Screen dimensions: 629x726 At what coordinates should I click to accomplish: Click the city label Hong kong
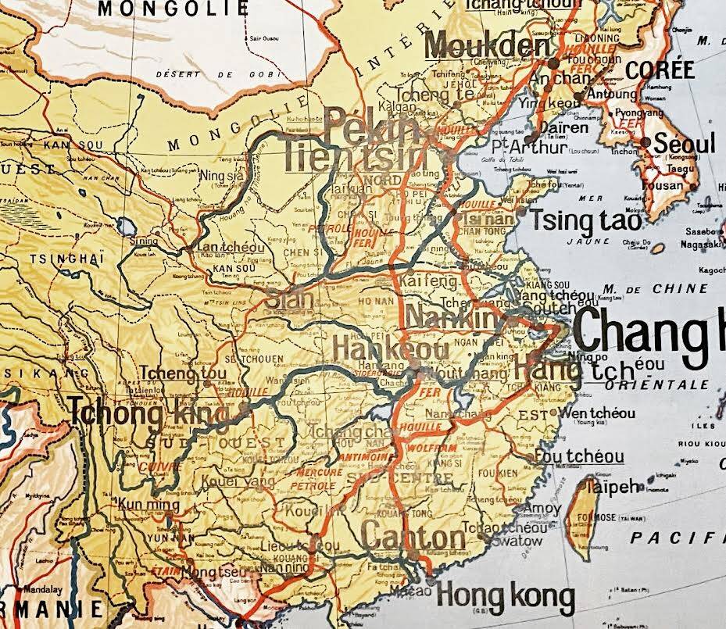coord(505,598)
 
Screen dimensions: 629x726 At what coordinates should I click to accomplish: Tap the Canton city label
coord(413,538)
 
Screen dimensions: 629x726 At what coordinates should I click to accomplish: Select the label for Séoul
coord(684,145)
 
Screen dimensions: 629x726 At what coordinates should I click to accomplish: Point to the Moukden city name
coord(489,46)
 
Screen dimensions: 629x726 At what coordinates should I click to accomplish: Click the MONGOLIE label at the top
coord(173,9)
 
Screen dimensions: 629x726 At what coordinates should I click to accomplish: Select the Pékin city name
coord(373,124)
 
